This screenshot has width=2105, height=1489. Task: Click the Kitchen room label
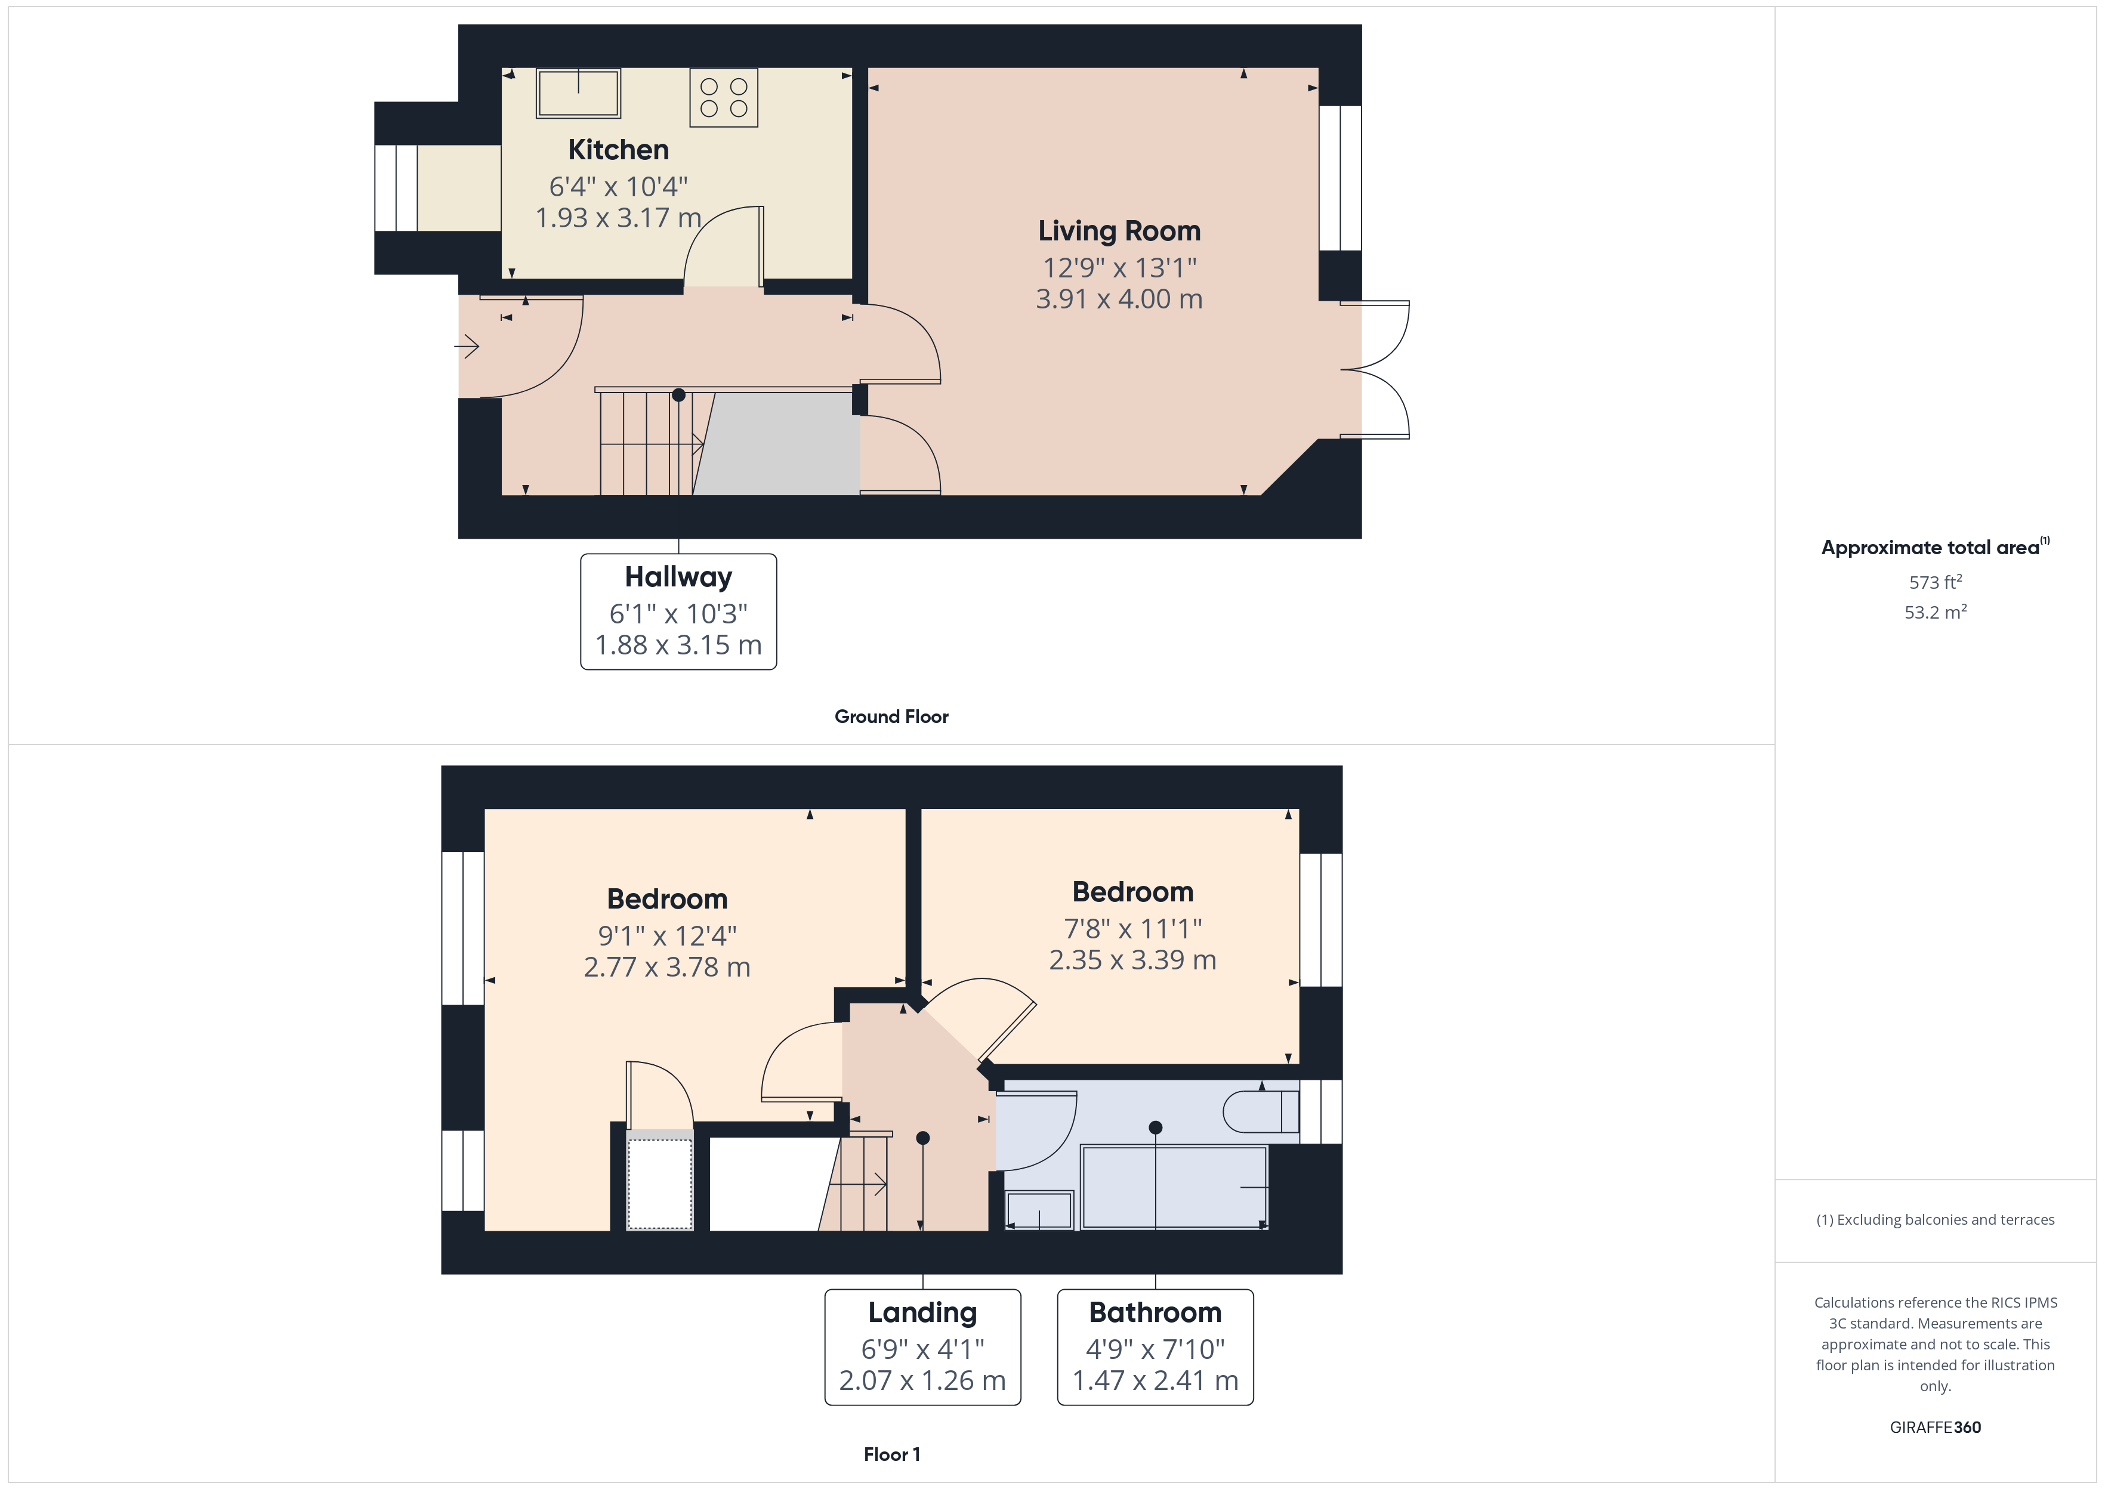click(618, 150)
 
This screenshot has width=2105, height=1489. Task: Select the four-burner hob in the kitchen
click(723, 97)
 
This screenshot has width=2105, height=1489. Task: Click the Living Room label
click(1119, 231)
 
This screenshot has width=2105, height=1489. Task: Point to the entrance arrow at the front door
click(467, 347)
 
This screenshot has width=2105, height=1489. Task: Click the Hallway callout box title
click(678, 577)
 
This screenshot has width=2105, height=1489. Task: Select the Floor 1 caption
click(891, 1454)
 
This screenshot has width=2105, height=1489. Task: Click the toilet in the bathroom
click(1261, 1111)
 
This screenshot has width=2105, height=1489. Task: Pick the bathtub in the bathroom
click(1174, 1187)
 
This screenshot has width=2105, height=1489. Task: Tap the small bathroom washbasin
click(1039, 1209)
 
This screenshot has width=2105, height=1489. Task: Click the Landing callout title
click(922, 1312)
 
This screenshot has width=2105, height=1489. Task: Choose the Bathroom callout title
click(1155, 1312)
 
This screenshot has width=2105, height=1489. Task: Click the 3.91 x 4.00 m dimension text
click(1119, 299)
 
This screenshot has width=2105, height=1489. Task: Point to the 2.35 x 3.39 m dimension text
click(1132, 960)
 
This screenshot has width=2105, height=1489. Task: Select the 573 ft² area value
click(1936, 582)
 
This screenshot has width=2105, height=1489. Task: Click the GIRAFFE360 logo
click(1936, 1428)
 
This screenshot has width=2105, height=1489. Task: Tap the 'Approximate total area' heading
click(1930, 548)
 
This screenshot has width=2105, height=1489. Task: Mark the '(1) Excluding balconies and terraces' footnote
click(1936, 1219)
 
